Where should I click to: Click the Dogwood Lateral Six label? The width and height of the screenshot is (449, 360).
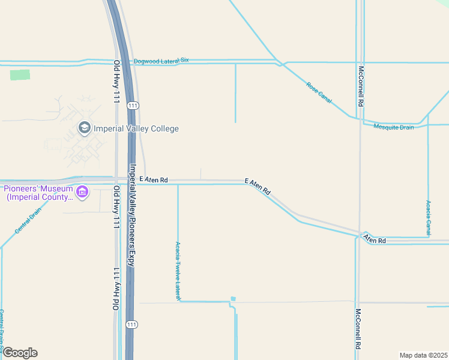tap(161, 61)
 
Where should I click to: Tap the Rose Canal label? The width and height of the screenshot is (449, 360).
tap(319, 93)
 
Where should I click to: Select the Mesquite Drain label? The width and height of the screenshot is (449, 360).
tap(394, 127)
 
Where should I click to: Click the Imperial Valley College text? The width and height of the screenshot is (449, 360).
tap(136, 128)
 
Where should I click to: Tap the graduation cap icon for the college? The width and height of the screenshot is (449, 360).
tap(84, 128)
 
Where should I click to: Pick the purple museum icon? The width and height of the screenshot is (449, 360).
tap(82, 192)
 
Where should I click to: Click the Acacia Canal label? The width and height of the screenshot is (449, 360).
tap(428, 218)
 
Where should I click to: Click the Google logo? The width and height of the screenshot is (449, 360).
tap(20, 353)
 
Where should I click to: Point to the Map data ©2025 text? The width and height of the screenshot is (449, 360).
tap(423, 355)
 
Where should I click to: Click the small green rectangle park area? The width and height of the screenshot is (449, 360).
tap(20, 75)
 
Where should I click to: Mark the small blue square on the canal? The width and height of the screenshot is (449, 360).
tap(233, 299)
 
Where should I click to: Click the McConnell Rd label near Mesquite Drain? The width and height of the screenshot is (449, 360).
tap(361, 85)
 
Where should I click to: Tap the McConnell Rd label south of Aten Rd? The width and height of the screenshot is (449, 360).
tap(358, 328)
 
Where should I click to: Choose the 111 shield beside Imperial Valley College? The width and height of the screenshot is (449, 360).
tap(133, 106)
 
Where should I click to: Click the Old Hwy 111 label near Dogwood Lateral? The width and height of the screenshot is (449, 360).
tap(116, 82)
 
